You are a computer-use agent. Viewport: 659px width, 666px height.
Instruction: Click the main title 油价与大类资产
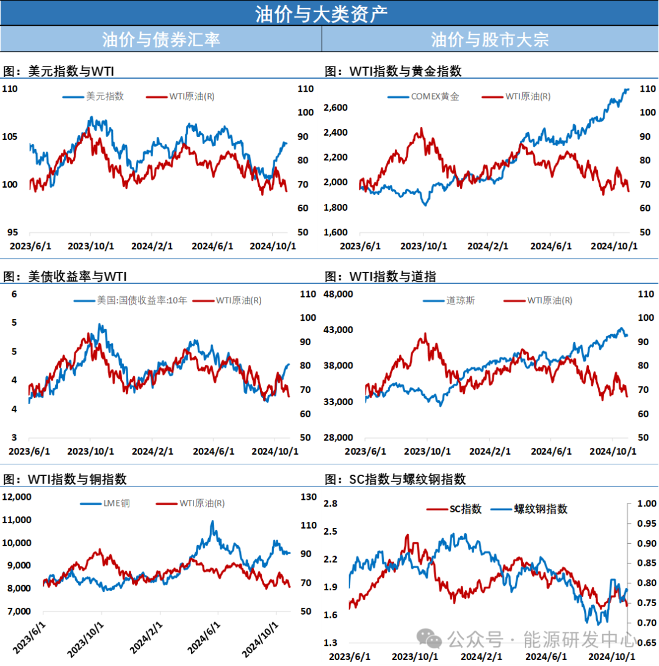pyautogui.click(x=321, y=13)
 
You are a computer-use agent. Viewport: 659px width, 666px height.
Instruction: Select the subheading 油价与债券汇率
pyautogui.click(x=160, y=40)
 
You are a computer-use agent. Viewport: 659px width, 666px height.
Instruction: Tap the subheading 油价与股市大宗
pyautogui.click(x=489, y=40)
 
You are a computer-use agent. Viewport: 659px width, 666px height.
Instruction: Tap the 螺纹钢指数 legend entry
pyautogui.click(x=540, y=509)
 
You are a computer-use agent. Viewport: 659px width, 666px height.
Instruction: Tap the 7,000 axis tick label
pyautogui.click(x=18, y=611)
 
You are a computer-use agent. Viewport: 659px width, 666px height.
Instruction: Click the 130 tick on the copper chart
pyautogui.click(x=309, y=497)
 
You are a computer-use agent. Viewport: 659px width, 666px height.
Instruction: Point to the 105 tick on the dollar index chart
pyautogui.click(x=10, y=137)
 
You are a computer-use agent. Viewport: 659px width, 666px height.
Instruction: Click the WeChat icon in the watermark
pyautogui.click(x=434, y=640)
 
